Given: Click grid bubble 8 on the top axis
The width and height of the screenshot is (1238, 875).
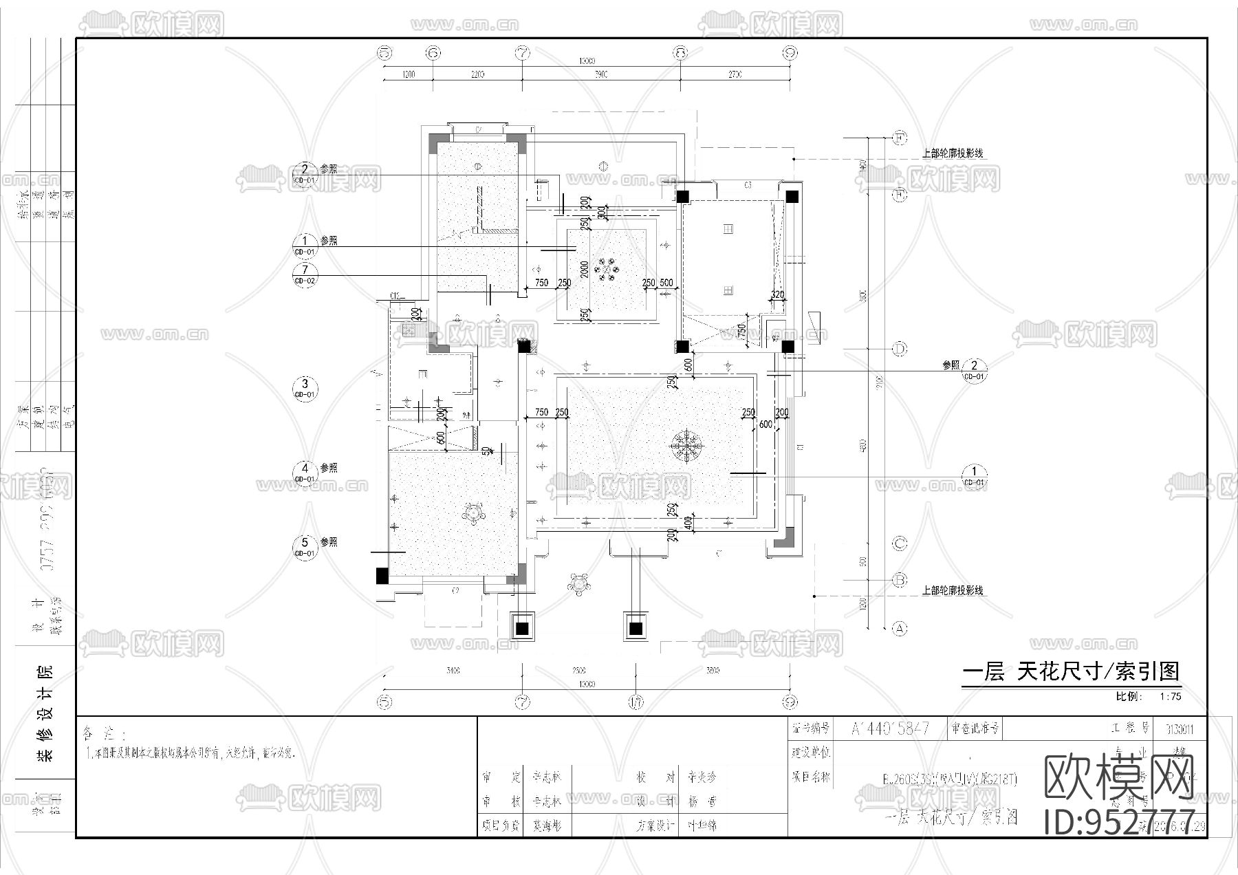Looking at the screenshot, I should coord(680,52).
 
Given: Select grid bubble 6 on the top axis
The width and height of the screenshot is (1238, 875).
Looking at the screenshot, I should coord(433,52).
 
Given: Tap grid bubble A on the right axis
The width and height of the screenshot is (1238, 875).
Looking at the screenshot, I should coord(899,628).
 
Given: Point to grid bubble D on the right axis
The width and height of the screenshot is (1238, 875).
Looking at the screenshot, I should coord(899,349).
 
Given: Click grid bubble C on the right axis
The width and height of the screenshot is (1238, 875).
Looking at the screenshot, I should coord(899,543).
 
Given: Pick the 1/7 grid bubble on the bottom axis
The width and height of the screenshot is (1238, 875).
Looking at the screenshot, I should coord(636,702).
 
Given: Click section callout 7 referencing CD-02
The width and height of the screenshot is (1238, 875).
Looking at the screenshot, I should coord(305,274).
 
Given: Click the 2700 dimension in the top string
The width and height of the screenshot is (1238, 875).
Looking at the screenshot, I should coord(735,74).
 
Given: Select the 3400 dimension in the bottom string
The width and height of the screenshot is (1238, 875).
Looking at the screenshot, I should coord(453,670).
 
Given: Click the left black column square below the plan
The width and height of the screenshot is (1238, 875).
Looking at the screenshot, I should coord(522,627).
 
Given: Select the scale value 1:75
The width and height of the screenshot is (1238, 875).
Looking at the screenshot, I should coord(1170,696).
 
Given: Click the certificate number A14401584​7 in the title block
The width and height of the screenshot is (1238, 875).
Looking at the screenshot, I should coord(890,728).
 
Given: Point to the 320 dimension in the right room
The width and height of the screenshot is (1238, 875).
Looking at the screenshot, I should coord(777,294).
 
